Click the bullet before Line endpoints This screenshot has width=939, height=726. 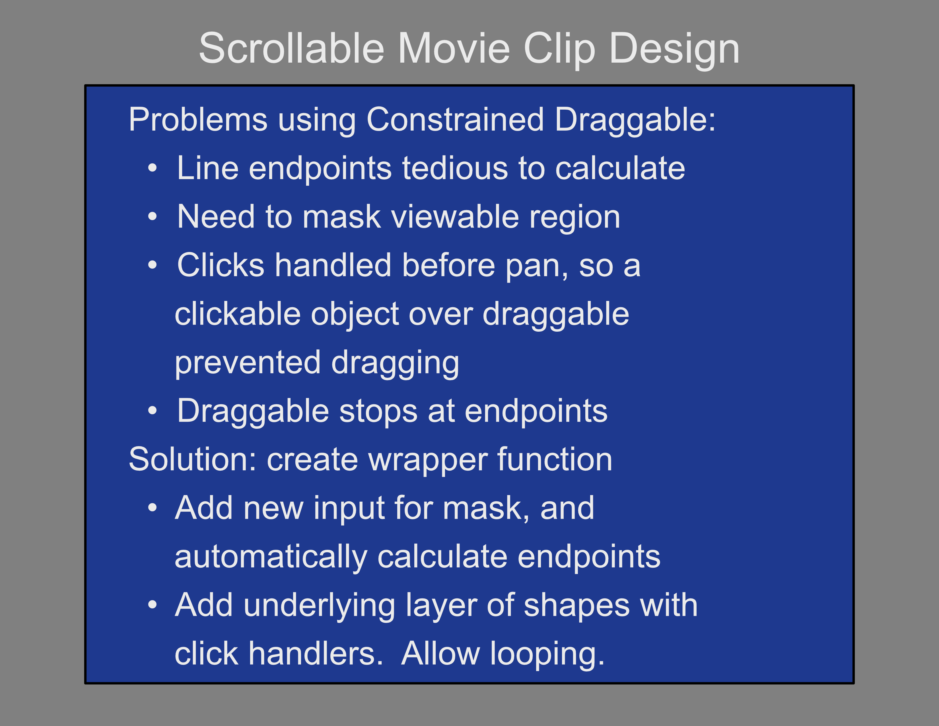point(153,168)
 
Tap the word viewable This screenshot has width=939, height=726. point(455,216)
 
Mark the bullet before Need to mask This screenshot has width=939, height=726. point(153,216)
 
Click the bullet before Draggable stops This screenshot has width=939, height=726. point(153,411)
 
